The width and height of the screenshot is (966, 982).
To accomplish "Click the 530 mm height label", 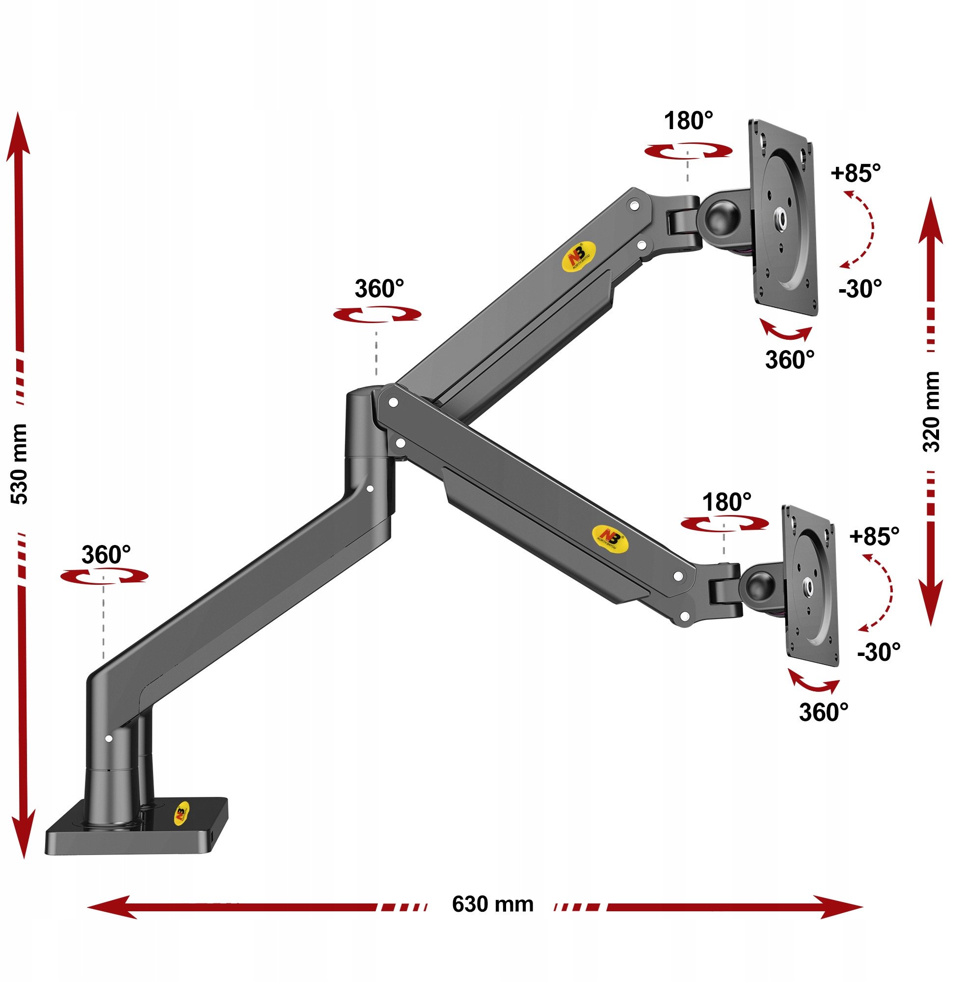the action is pyautogui.click(x=20, y=464).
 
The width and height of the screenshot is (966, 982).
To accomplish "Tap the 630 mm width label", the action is pyautogui.click(x=492, y=904).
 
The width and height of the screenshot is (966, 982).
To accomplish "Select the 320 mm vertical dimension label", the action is pyautogui.click(x=931, y=411).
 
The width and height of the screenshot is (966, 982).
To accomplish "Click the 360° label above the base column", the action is pyautogui.click(x=106, y=555).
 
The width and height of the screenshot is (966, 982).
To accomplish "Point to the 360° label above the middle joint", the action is pyautogui.click(x=379, y=289).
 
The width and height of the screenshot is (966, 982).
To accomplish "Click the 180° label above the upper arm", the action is pyautogui.click(x=689, y=121).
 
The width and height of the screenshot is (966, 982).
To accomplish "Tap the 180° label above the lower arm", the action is pyautogui.click(x=726, y=502).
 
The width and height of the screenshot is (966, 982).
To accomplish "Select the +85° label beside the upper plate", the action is pyautogui.click(x=856, y=173).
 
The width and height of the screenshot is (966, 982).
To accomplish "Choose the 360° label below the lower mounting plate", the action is pyautogui.click(x=824, y=712).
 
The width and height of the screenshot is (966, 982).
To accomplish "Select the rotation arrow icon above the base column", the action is pyautogui.click(x=104, y=576).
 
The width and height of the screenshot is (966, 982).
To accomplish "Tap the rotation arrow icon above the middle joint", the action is pyautogui.click(x=377, y=314).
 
